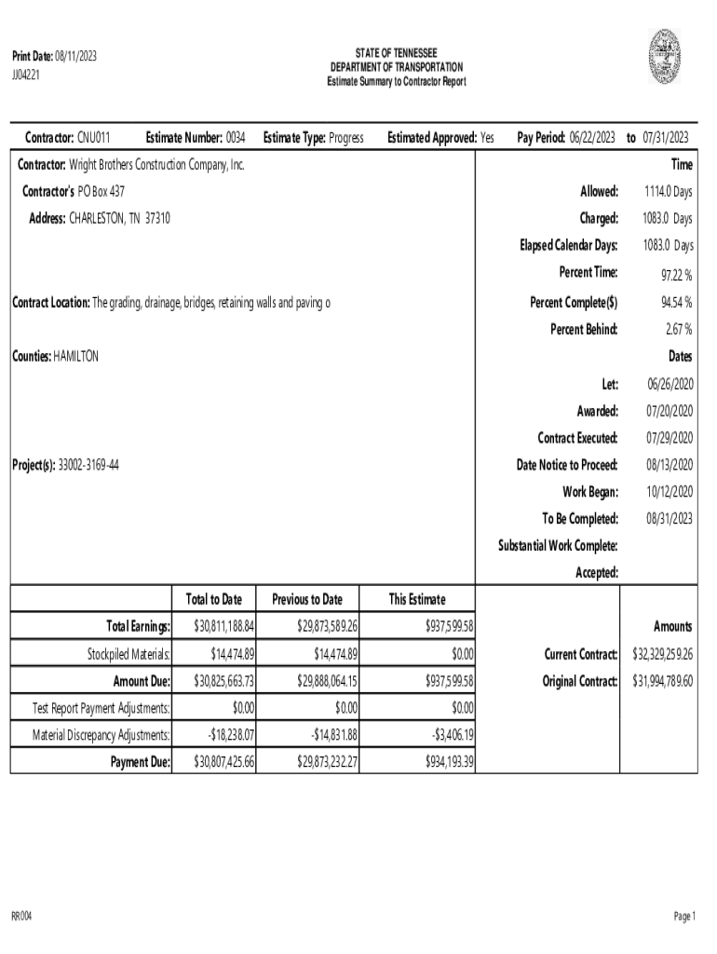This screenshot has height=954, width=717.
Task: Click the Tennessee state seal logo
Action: coord(664,56)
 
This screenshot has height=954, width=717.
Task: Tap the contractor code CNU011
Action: coord(93,138)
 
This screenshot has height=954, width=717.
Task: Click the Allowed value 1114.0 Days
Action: coord(668,192)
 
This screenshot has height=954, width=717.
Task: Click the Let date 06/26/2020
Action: coord(670,384)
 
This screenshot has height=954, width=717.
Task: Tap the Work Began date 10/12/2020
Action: coord(670,491)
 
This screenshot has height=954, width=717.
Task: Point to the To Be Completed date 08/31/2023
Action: coord(670,518)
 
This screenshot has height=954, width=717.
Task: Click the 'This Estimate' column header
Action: coord(416,599)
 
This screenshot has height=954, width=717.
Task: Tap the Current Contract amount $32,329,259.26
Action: coord(663,654)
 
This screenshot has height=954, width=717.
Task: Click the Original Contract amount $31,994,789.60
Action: coord(663,681)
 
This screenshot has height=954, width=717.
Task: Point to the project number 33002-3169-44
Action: coord(88,464)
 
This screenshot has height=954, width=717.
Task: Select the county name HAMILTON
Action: coord(76,357)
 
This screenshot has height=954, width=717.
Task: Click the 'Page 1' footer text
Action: coord(684,918)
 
